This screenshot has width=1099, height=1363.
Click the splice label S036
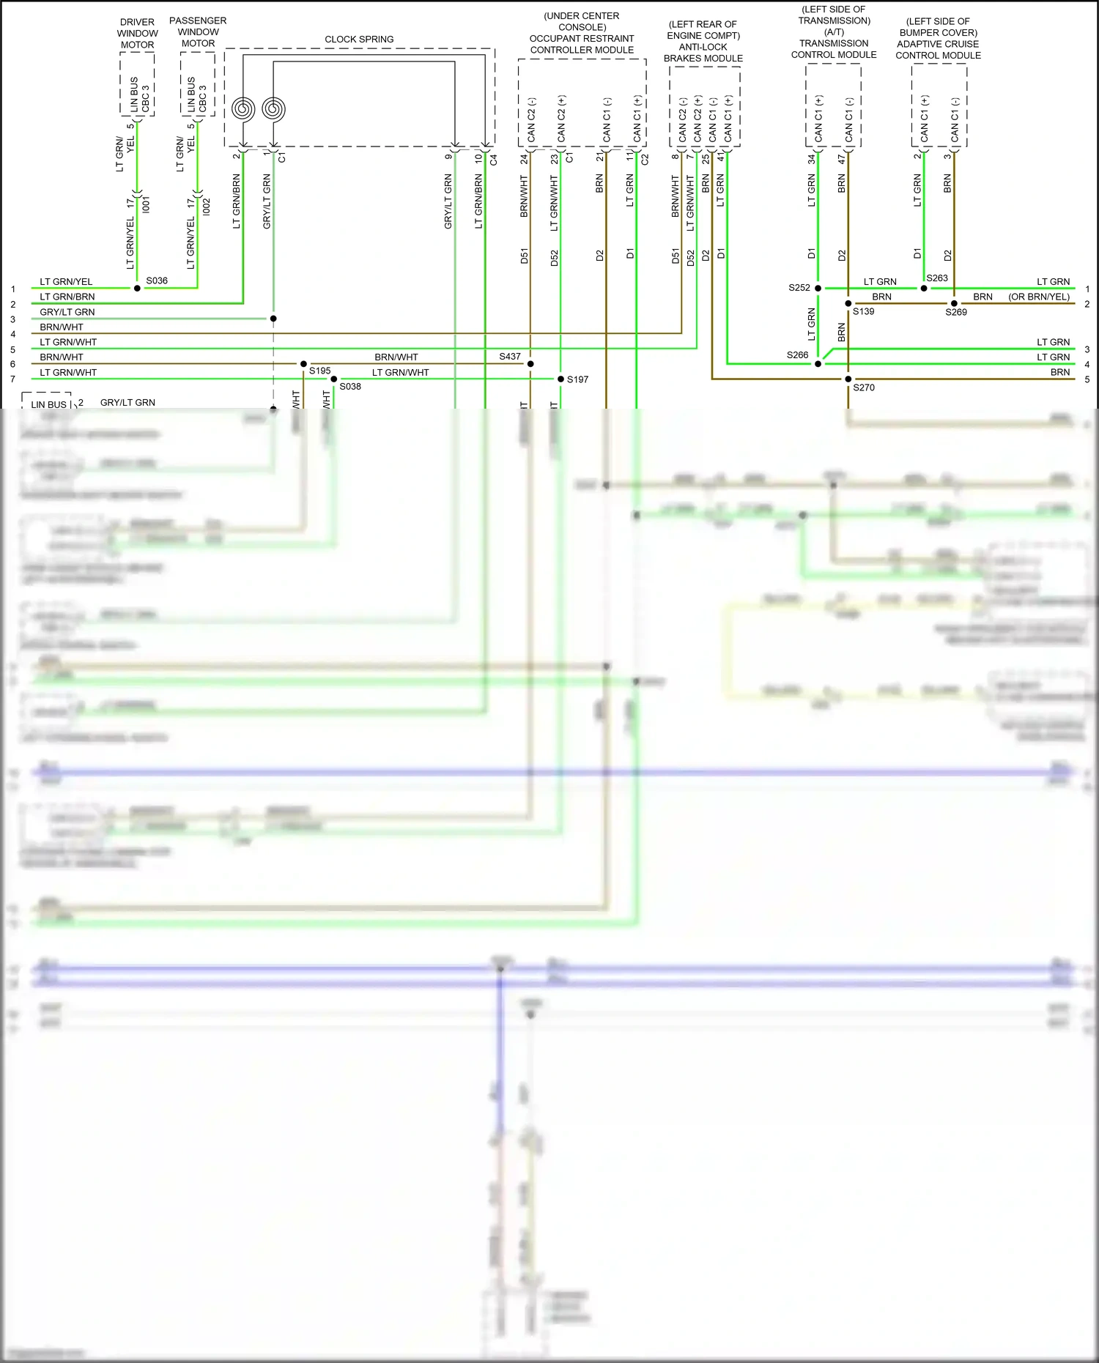(x=157, y=281)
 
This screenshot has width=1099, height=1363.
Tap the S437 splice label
(x=510, y=357)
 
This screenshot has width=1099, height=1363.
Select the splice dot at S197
(x=560, y=379)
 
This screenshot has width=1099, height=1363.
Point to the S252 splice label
(x=799, y=288)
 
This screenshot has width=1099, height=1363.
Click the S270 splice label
(x=864, y=387)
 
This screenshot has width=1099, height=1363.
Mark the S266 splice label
(x=798, y=355)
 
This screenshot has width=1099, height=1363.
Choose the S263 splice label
(x=937, y=278)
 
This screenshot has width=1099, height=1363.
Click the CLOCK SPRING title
(x=359, y=40)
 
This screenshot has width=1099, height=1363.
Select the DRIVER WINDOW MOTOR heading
(x=137, y=34)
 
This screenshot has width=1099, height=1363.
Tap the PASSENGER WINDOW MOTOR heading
(x=198, y=32)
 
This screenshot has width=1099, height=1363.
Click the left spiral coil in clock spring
(x=243, y=109)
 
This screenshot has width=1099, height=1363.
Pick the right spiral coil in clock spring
(x=273, y=109)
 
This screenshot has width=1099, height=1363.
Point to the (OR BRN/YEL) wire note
(x=1039, y=297)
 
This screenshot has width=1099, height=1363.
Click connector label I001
(x=147, y=205)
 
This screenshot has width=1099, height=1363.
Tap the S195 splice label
(x=320, y=371)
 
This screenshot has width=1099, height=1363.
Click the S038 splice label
(x=350, y=387)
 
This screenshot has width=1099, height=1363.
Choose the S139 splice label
(x=864, y=311)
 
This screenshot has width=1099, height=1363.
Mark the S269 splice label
(x=956, y=312)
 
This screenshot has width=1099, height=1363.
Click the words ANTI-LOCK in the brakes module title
(x=703, y=47)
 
